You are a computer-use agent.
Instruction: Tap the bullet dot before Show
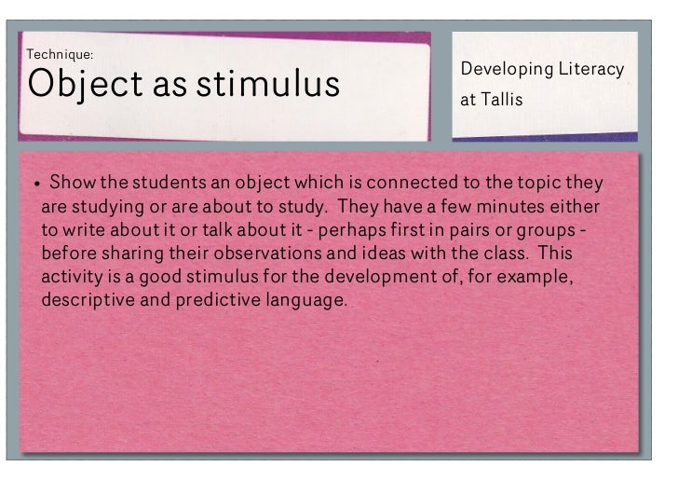[36, 182]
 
